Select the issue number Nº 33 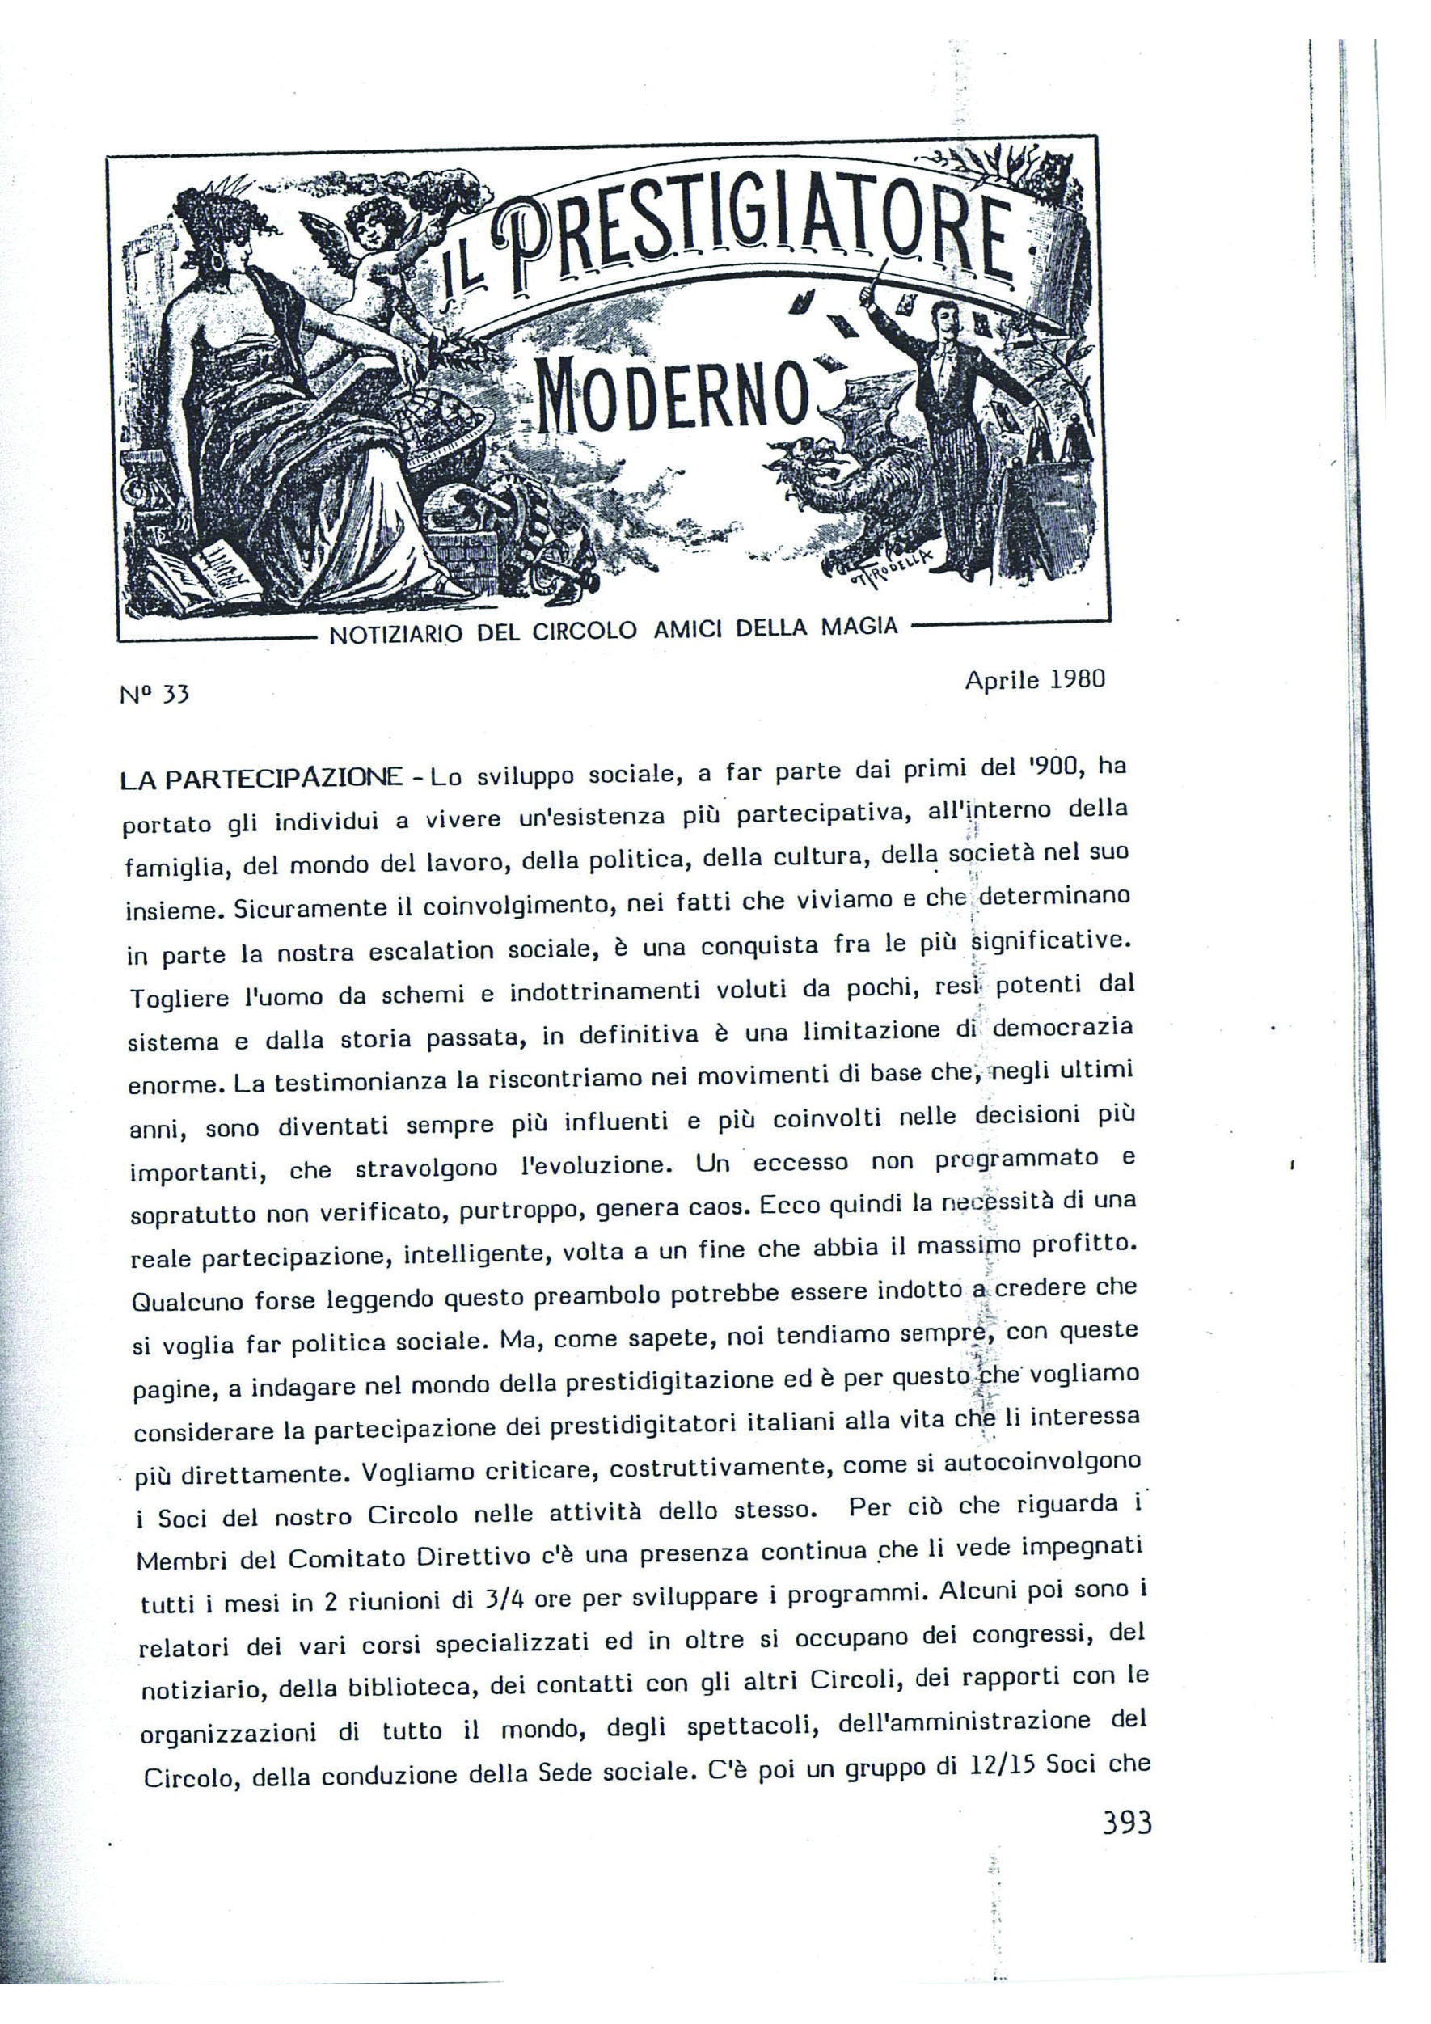155,695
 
